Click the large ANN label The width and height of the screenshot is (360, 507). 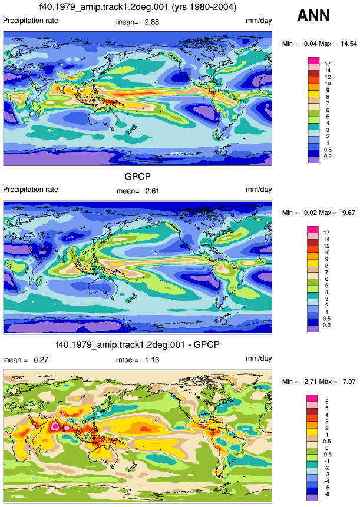[x=313, y=15]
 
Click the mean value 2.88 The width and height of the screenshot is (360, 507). [x=151, y=22]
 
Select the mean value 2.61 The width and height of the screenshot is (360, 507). [x=152, y=191]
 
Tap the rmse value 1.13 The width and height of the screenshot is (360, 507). [x=151, y=360]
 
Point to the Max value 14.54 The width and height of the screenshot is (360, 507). [x=349, y=44]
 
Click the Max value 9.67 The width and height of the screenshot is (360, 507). [x=349, y=213]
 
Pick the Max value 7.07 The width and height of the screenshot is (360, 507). [x=349, y=382]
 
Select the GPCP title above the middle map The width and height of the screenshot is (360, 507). [x=137, y=177]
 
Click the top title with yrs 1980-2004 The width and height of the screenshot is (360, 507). [x=137, y=7]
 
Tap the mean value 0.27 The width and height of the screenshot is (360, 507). [x=41, y=360]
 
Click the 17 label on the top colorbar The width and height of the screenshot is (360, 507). [x=328, y=64]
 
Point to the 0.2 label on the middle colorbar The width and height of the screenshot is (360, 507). [x=326, y=325]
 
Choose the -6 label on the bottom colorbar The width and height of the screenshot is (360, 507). [x=326, y=494]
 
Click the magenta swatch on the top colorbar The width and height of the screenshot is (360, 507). [x=313, y=61]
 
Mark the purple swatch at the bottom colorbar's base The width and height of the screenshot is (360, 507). [x=312, y=498]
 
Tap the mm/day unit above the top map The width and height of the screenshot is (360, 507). [x=259, y=21]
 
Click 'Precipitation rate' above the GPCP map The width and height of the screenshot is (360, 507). [x=31, y=190]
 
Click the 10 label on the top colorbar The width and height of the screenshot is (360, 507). [x=328, y=84]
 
